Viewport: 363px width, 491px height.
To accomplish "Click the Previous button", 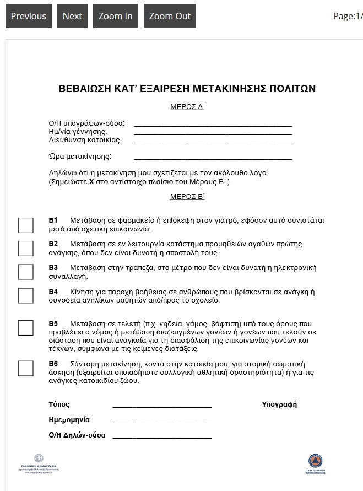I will (x=29, y=16).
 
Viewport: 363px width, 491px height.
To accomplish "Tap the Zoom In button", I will (x=115, y=16).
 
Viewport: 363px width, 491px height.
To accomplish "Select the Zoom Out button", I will (x=170, y=16).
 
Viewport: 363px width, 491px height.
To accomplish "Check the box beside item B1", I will (x=26, y=225).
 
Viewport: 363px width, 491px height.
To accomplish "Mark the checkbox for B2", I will (x=26, y=248).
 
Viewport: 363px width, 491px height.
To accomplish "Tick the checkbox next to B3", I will (x=26, y=272).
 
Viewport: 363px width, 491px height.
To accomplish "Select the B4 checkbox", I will (x=26, y=295).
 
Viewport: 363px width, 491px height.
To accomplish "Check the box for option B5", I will (x=26, y=327).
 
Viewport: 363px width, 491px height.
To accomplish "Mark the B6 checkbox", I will (x=26, y=368).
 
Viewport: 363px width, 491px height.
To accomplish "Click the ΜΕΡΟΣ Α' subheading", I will (x=187, y=107).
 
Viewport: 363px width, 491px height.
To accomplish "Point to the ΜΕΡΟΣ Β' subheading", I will (x=187, y=196).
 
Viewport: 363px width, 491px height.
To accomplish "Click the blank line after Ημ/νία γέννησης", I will (x=213, y=133).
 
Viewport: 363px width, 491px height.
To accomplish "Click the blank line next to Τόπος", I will (x=162, y=406).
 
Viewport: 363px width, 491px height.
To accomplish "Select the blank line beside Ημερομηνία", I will (x=162, y=421).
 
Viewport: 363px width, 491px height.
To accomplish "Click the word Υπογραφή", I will (x=279, y=404).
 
